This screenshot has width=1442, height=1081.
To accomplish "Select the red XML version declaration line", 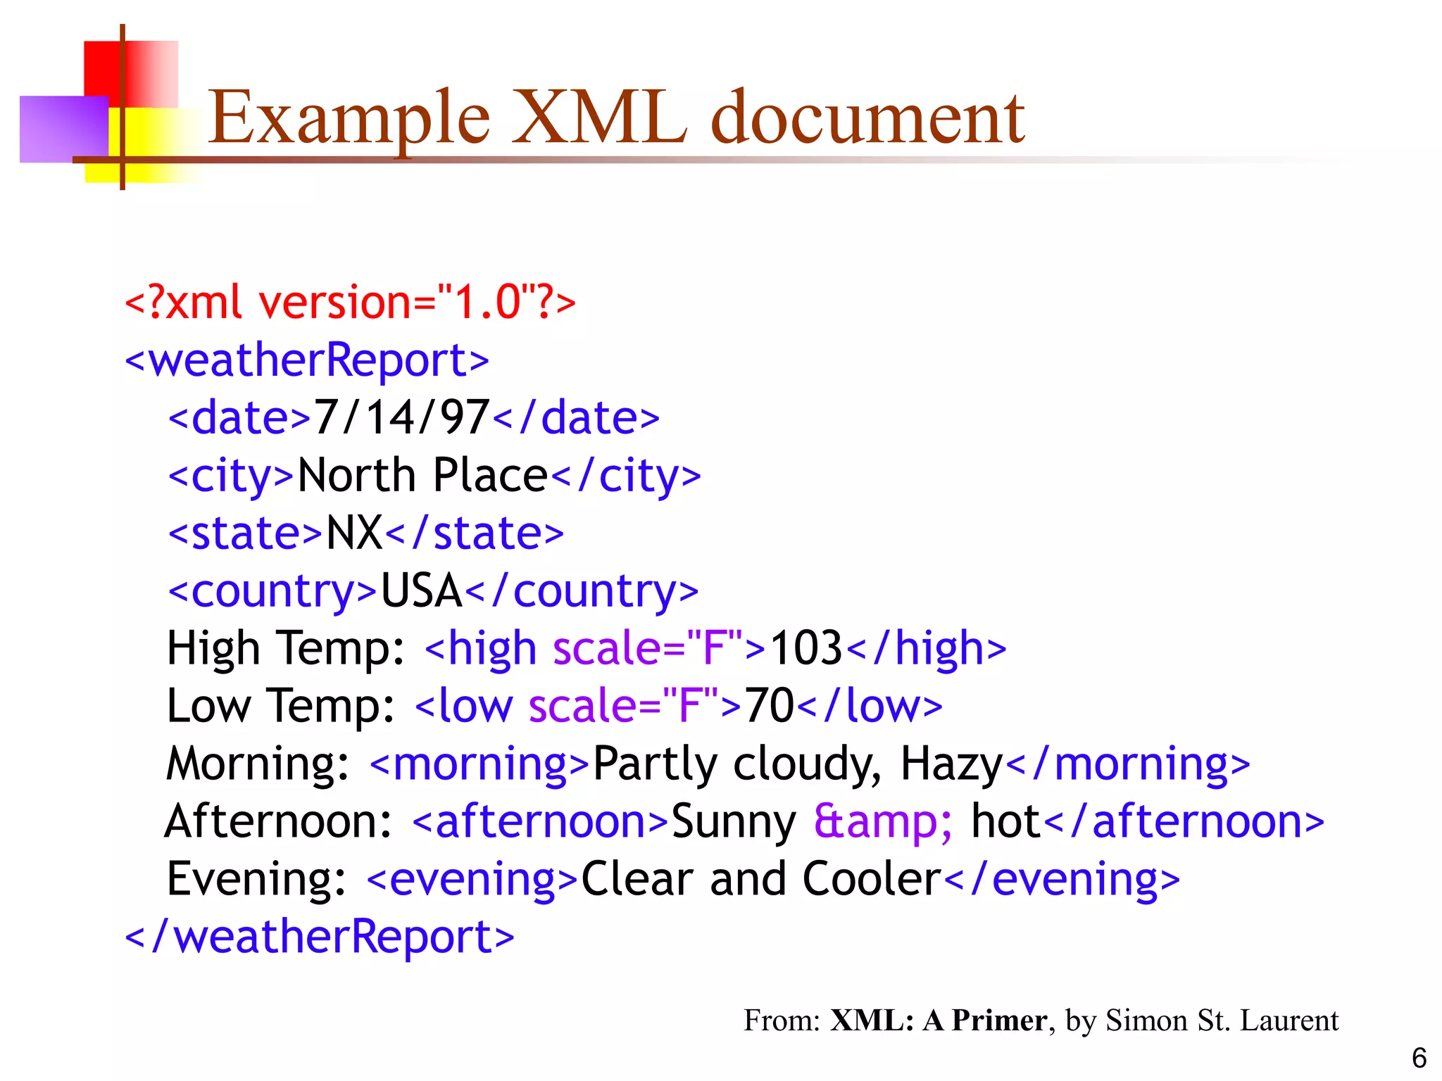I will click(x=350, y=303).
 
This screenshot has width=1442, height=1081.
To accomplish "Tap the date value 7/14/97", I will click(x=401, y=417).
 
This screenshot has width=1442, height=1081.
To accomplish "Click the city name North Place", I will click(x=422, y=476).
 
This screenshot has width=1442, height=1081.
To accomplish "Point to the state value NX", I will click(x=354, y=533).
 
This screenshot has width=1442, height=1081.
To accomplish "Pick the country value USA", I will click(x=421, y=590).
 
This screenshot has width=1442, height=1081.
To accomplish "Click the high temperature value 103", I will click(x=806, y=648).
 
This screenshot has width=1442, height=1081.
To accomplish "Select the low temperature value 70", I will click(x=770, y=706).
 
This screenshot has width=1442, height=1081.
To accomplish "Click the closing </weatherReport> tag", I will click(x=320, y=937).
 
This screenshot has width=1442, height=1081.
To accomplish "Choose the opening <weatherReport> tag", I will click(x=307, y=360).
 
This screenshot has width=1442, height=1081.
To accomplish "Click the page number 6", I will click(x=1419, y=1058).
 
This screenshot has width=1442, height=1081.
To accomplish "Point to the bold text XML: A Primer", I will click(x=938, y=1020).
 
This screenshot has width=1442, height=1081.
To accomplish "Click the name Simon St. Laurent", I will click(x=1222, y=1020).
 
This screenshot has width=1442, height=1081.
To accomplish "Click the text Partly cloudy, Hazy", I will click(x=798, y=764).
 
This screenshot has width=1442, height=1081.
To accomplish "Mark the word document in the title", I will click(x=867, y=118).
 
